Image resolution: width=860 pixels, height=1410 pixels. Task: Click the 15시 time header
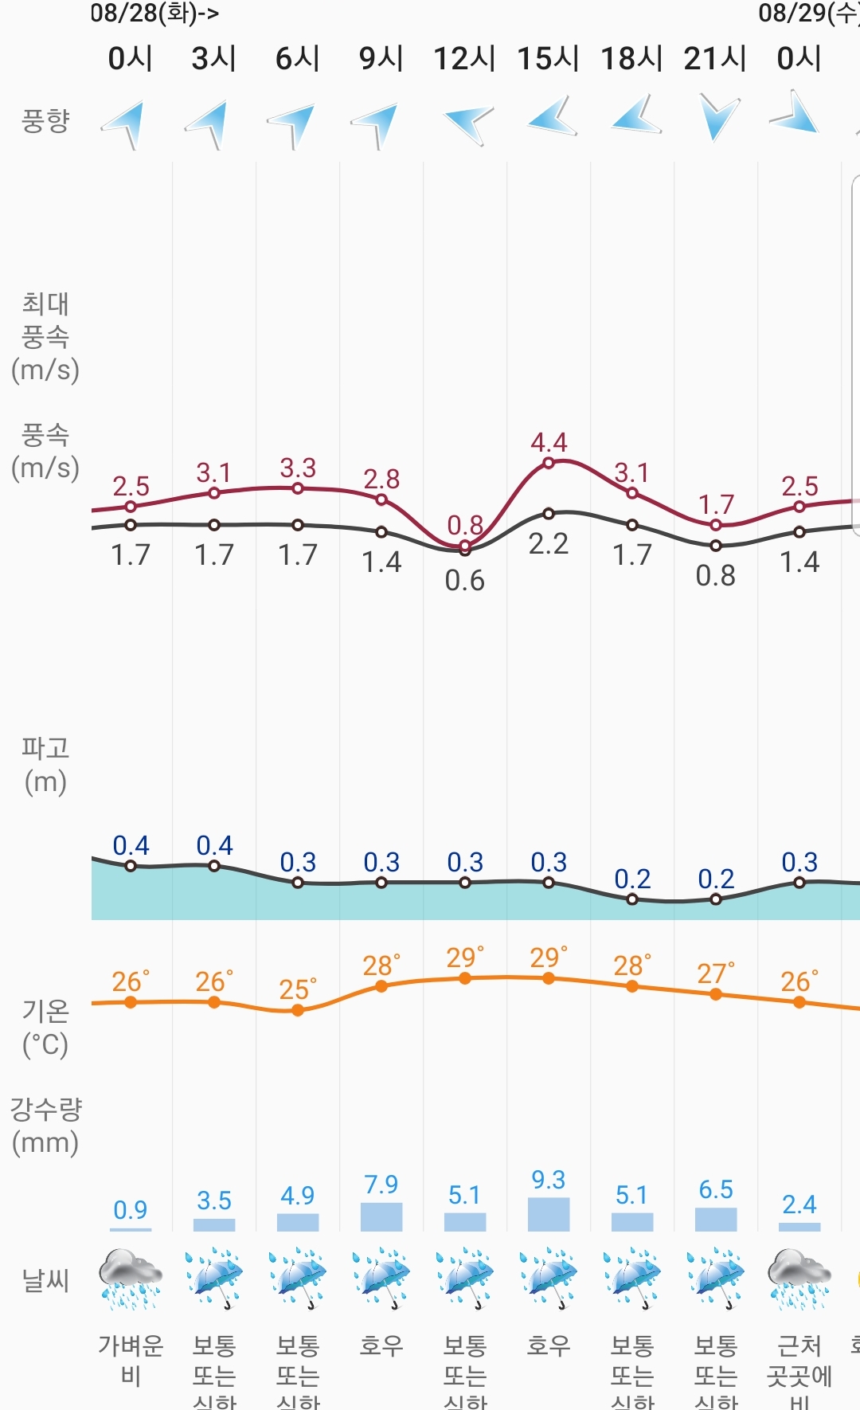(x=548, y=58)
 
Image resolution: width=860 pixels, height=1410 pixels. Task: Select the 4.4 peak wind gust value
(x=549, y=442)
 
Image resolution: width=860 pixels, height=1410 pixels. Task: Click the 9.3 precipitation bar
(x=549, y=1215)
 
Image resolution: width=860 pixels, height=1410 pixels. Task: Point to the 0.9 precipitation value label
(x=131, y=1210)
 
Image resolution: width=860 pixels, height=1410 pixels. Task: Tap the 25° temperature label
(x=297, y=989)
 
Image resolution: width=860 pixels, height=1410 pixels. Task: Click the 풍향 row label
(x=45, y=121)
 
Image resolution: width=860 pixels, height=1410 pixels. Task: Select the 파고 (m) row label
(x=45, y=765)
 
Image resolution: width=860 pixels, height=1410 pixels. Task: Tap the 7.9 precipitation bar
(x=381, y=1217)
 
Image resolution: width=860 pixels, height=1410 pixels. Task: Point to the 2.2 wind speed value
(x=549, y=544)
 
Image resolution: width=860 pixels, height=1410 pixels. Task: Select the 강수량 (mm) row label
(x=45, y=1126)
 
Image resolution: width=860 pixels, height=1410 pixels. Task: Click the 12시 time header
(x=464, y=58)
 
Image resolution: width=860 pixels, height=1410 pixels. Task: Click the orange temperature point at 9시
(x=381, y=986)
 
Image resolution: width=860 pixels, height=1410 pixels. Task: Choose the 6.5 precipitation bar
(x=716, y=1220)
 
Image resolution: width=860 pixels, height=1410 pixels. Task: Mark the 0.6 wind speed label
(x=465, y=581)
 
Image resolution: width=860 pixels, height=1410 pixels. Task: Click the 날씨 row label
(x=45, y=1280)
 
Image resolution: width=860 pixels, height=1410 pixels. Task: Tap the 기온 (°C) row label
(x=45, y=1028)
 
